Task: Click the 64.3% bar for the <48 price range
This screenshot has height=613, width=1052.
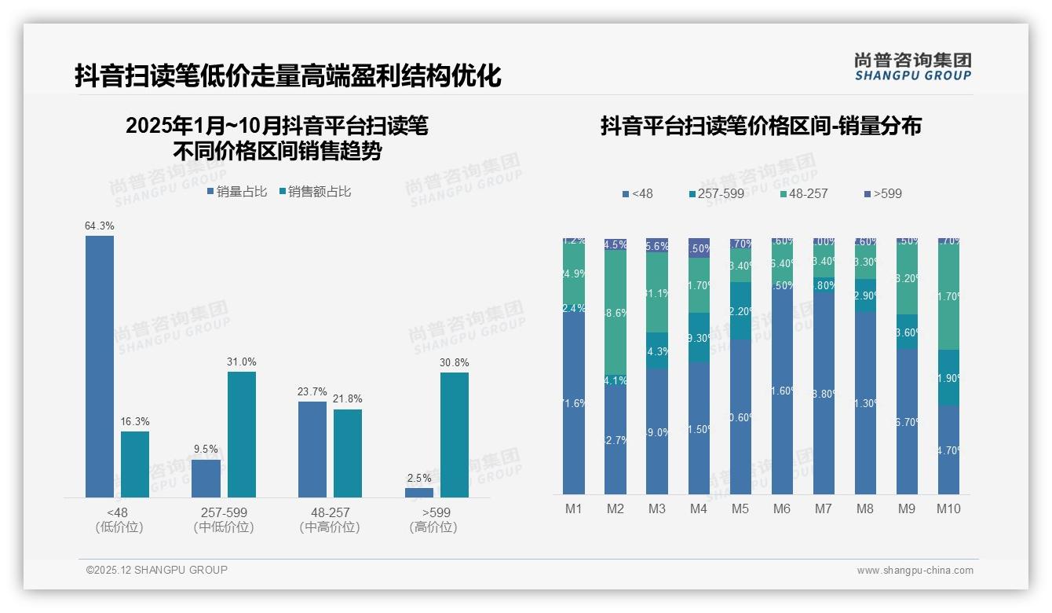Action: pyautogui.click(x=100, y=366)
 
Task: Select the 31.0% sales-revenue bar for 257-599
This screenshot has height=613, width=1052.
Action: pyautogui.click(x=242, y=434)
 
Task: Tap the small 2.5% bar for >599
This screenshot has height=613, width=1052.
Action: pyautogui.click(x=419, y=493)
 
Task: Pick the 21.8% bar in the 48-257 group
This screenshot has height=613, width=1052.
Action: pyautogui.click(x=348, y=453)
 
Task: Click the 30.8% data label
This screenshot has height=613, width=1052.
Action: pyautogui.click(x=455, y=362)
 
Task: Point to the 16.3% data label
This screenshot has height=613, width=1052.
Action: pyautogui.click(x=135, y=421)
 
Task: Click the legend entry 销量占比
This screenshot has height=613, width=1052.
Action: pyautogui.click(x=237, y=192)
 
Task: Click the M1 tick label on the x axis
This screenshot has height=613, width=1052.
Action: pyautogui.click(x=574, y=508)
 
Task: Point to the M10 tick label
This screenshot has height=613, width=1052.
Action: pyautogui.click(x=948, y=508)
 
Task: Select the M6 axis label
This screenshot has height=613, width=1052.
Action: pyautogui.click(x=782, y=508)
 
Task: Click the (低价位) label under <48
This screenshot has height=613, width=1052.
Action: pyautogui.click(x=119, y=527)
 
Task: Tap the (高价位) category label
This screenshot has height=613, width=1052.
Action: pyautogui.click(x=433, y=527)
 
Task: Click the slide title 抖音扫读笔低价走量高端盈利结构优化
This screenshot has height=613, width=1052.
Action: pyautogui.click(x=287, y=76)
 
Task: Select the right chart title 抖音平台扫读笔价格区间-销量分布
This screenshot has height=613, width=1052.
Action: pyautogui.click(x=761, y=126)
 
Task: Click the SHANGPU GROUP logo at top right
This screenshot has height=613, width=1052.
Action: pyautogui.click(x=912, y=67)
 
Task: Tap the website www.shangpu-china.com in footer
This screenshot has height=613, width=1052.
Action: pyautogui.click(x=915, y=571)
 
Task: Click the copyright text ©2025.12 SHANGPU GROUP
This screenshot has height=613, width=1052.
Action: pyautogui.click(x=157, y=570)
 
